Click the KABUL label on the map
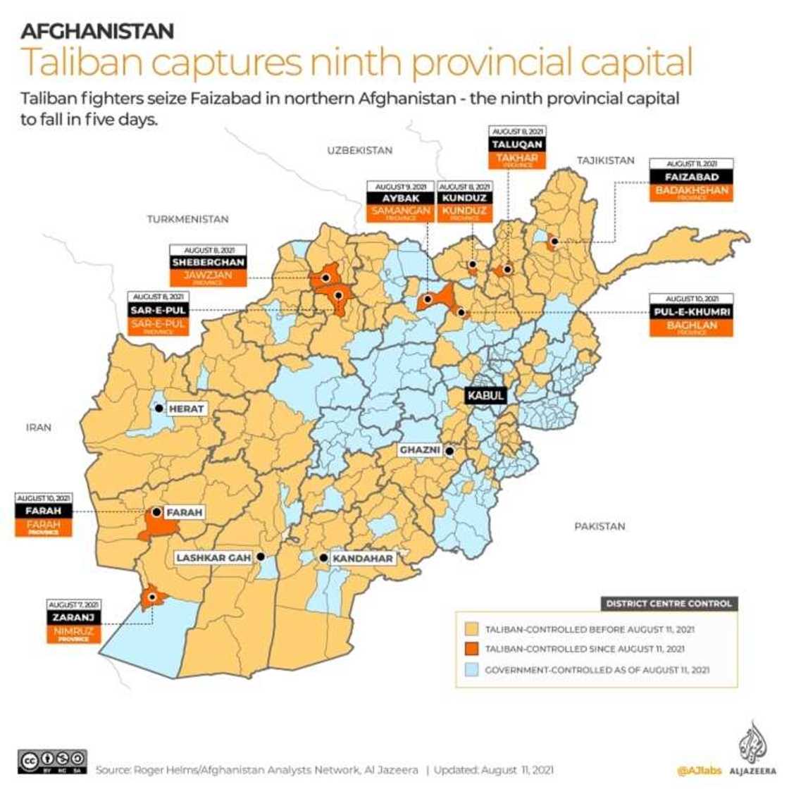(486, 395)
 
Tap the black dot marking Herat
(159, 408)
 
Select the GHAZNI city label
(420, 450)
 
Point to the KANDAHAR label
(362, 558)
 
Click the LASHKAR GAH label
(213, 558)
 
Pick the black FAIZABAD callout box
(691, 177)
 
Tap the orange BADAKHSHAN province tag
(691, 192)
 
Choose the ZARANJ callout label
(73, 617)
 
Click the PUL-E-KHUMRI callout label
(691, 312)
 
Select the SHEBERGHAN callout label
(208, 262)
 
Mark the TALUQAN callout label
(518, 144)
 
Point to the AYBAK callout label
(399, 199)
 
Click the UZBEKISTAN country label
(359, 150)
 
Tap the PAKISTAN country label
(599, 526)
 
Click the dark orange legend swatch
(473, 648)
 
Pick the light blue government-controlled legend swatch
(473, 669)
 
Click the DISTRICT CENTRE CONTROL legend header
(669, 604)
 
